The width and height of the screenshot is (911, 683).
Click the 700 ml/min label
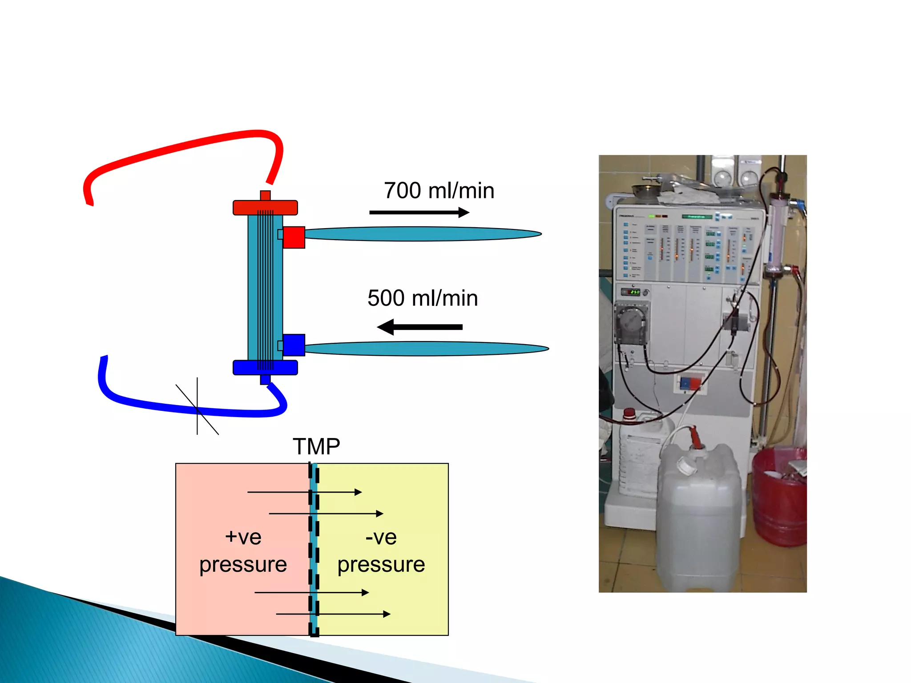pos(439,191)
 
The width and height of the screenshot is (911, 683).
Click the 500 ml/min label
pos(423,298)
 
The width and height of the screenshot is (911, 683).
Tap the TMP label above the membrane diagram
pos(316,446)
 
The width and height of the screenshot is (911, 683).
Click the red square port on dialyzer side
pos(294,237)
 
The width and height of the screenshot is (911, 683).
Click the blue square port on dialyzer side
pos(294,345)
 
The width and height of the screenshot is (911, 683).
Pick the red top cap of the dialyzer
pos(265,208)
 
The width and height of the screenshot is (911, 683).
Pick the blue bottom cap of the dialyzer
pos(265,367)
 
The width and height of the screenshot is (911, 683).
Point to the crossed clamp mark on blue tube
pos(197,407)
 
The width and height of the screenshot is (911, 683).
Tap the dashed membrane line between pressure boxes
pos(314,549)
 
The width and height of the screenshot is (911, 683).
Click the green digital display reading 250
pos(633,292)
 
